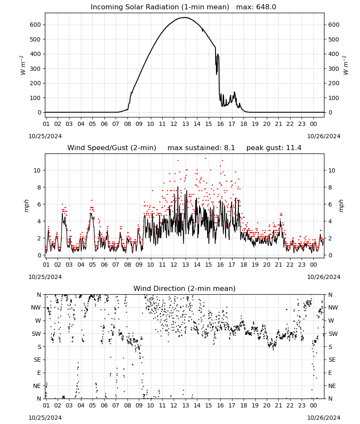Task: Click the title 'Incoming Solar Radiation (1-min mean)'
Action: pos(160,7)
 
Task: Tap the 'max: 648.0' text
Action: pos(256,7)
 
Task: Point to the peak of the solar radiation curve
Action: pos(185,17)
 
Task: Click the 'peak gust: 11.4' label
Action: pos(274,148)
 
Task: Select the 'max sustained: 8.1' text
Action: pos(201,148)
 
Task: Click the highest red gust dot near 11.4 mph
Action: pos(205,159)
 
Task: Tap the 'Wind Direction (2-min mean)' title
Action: pos(185,288)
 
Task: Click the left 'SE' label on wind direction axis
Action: pos(37,360)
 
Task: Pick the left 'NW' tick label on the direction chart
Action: pos(36,307)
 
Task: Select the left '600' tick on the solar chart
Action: pos(36,25)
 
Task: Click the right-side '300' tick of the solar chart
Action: pos(334,69)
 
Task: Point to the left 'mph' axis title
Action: pos(26,206)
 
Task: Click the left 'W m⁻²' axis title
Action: pos(23,65)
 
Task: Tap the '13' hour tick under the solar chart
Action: pos(185,124)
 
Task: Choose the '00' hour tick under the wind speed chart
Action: pos(313,265)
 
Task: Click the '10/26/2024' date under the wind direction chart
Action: pos(324,418)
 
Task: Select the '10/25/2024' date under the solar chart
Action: pos(45,136)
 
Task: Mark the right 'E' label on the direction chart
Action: pos(330,373)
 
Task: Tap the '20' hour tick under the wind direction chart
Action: pos(267,405)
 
